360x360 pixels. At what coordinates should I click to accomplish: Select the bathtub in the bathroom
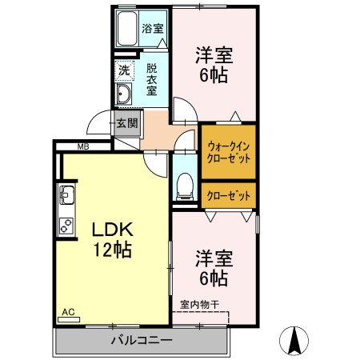[x=126, y=29]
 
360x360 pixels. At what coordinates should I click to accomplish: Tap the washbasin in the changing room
[x=124, y=96]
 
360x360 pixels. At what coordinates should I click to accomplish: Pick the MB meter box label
[x=82, y=146]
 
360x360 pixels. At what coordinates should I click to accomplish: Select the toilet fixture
[x=183, y=185]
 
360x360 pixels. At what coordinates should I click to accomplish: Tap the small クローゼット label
[x=228, y=194]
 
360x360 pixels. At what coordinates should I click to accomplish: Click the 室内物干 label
[x=199, y=304]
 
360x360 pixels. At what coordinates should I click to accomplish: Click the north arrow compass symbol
[x=294, y=342]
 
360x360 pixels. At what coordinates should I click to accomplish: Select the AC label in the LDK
[x=69, y=313]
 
